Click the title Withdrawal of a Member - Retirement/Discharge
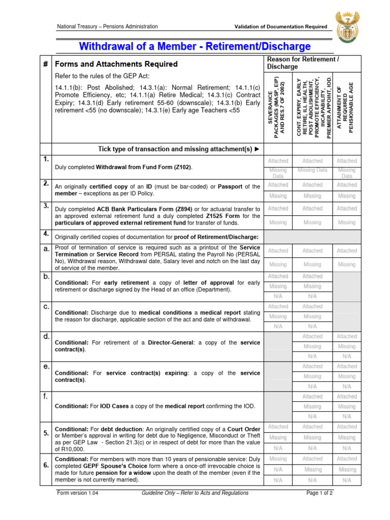194,47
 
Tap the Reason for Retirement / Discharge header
303,63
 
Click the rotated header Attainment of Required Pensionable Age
347,107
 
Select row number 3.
46,205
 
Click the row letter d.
46,336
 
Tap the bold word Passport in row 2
232,187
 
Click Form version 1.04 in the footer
76,493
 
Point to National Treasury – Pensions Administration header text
107,26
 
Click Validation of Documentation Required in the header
280,26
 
